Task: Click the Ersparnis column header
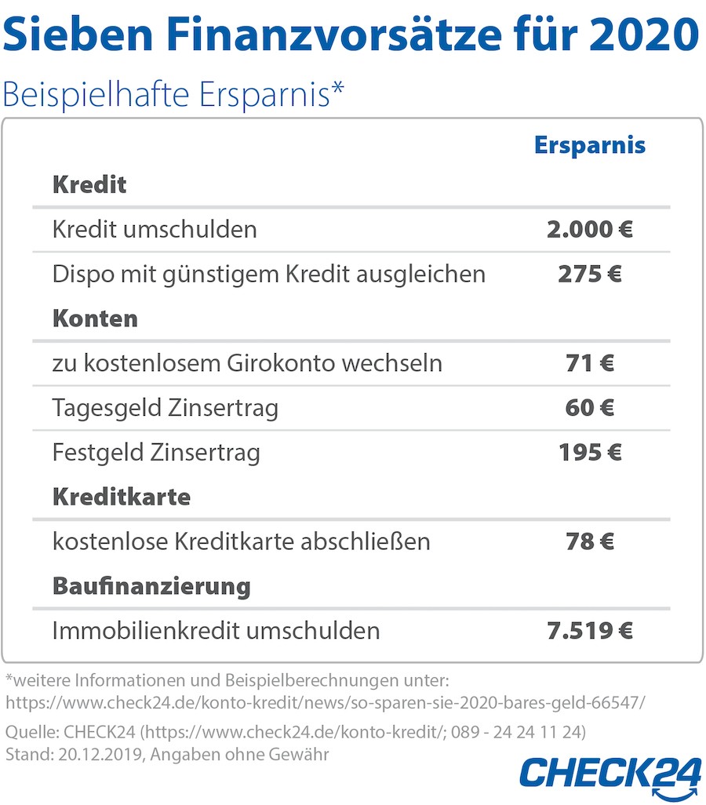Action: (x=590, y=146)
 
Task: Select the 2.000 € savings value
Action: (x=590, y=230)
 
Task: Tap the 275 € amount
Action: (x=590, y=275)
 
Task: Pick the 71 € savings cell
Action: (x=590, y=363)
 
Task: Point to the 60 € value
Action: (x=590, y=408)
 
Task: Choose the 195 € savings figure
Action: (x=590, y=453)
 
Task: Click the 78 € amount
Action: (x=590, y=541)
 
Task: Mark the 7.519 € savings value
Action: (x=590, y=630)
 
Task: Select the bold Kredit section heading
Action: (x=89, y=186)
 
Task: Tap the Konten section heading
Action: (x=95, y=319)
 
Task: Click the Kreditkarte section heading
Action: (x=122, y=497)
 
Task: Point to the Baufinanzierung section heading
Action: (x=151, y=586)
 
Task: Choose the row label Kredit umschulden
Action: (x=155, y=230)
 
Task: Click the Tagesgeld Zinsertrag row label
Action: (x=165, y=408)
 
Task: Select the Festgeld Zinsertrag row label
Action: (x=156, y=453)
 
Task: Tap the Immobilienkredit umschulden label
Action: (x=216, y=630)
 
